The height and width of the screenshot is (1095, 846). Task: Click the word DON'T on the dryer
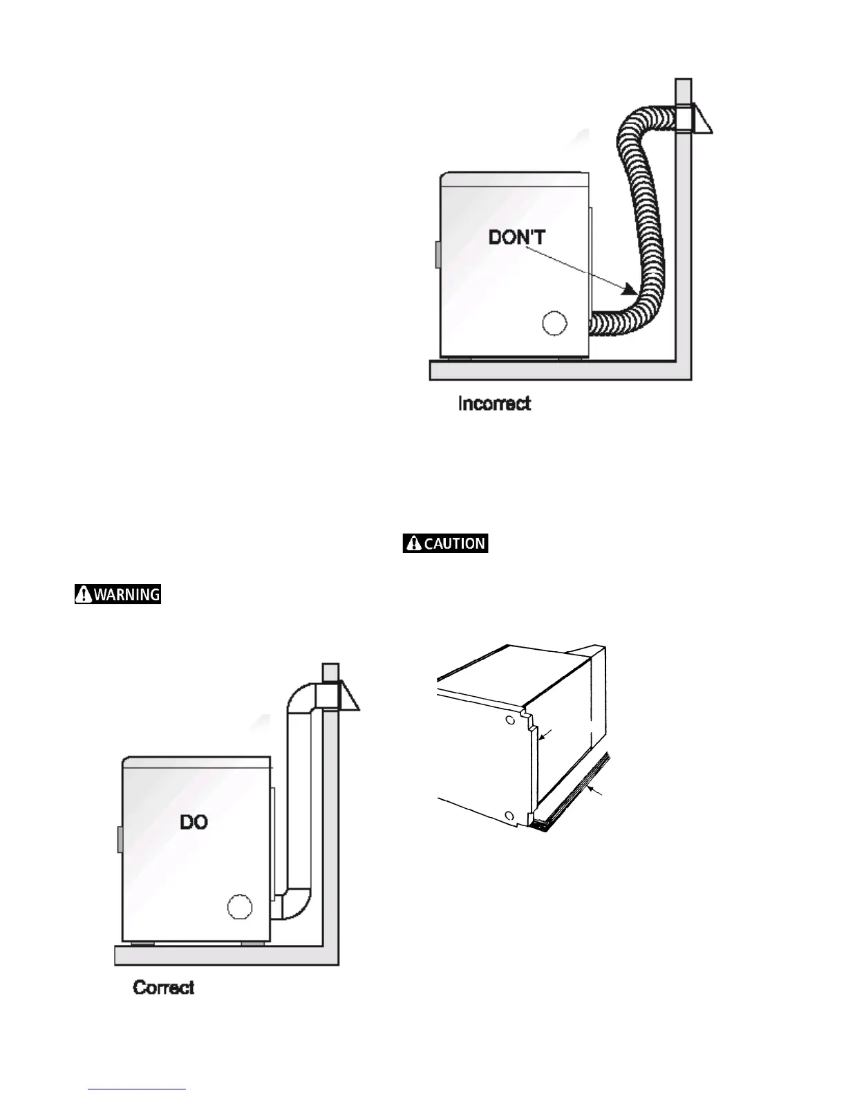pos(517,238)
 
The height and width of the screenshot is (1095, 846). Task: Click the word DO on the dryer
pos(194,822)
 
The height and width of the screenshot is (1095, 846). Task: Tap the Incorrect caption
pos(494,404)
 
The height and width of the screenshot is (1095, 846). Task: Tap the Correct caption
pos(164,987)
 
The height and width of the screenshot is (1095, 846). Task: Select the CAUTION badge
pos(446,543)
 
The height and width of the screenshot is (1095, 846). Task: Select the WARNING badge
pos(118,594)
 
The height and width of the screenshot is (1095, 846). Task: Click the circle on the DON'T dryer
pos(554,324)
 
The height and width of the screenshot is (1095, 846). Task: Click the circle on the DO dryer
pos(240,907)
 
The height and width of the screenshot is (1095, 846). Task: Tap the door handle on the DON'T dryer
pos(438,254)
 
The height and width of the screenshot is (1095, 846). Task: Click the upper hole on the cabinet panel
pos(510,720)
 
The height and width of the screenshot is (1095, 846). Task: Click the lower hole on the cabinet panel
pos(509,814)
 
